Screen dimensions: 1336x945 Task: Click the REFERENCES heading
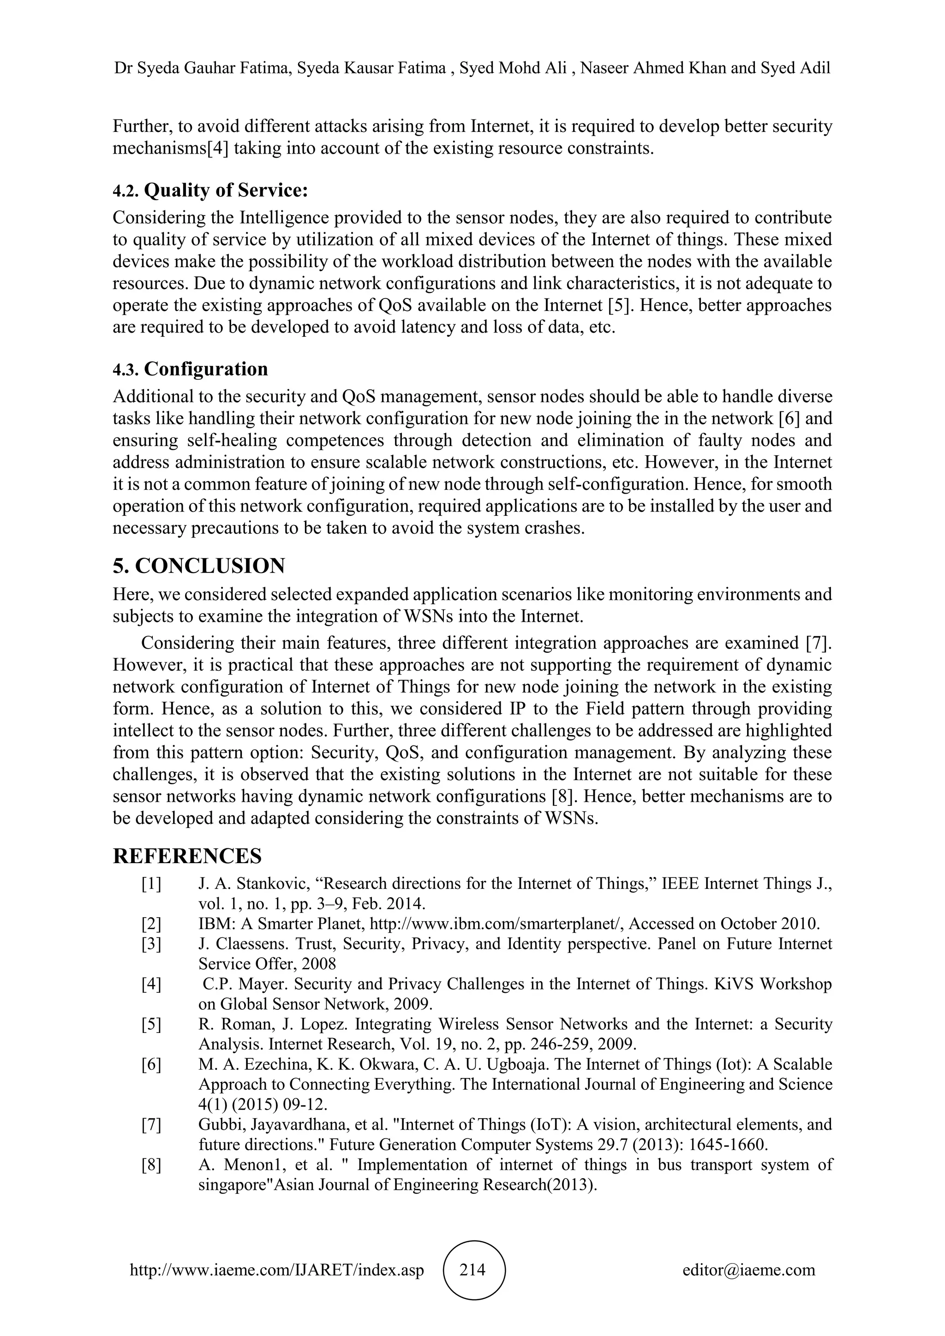(187, 856)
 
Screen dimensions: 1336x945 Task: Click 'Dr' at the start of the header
(122, 68)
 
